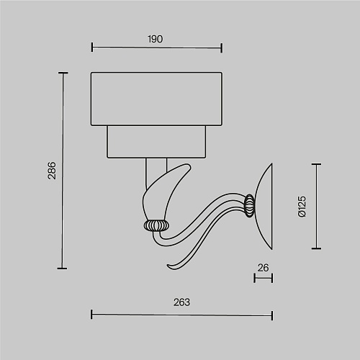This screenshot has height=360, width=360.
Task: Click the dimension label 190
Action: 156,39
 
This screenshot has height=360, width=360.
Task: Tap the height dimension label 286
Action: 52,171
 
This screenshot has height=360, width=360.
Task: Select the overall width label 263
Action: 181,302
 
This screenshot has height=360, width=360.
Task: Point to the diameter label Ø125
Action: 302,207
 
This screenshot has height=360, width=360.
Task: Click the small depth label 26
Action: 263,268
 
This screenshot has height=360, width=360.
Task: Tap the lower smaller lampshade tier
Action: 156,142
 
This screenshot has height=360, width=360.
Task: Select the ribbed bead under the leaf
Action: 156,225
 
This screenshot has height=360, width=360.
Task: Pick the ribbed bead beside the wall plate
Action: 250,206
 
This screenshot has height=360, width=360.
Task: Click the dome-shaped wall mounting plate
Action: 264,207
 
